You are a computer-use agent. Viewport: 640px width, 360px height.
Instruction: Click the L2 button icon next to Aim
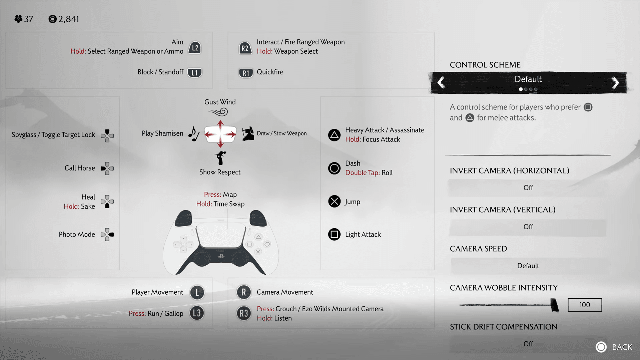(195, 48)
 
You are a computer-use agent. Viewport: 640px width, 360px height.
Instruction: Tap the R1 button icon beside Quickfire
(245, 73)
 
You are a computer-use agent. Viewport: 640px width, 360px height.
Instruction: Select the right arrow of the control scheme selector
(615, 82)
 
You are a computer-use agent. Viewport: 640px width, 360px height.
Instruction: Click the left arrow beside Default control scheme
(441, 82)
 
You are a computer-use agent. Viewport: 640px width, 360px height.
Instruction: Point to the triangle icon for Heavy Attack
(334, 135)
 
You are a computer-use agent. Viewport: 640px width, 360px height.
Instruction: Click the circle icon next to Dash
(334, 168)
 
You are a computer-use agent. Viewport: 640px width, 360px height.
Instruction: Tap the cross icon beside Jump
(334, 201)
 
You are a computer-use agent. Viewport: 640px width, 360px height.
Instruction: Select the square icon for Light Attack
(334, 234)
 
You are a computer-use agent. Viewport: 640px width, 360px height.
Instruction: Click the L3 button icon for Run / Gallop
(197, 313)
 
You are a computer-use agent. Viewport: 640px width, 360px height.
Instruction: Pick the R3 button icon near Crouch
(244, 313)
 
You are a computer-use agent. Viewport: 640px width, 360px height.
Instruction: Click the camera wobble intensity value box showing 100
(585, 305)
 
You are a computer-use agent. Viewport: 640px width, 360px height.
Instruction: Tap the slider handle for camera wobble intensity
(554, 305)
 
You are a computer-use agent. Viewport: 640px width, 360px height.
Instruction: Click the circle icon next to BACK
(601, 347)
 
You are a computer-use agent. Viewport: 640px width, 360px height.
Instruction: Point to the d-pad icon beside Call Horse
(107, 168)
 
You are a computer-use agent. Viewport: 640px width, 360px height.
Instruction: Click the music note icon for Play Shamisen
(194, 134)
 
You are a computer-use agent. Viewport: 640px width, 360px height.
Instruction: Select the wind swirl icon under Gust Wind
(218, 112)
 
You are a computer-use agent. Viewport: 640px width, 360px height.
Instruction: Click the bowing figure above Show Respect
(220, 158)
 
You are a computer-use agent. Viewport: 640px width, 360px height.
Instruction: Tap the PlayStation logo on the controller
(221, 256)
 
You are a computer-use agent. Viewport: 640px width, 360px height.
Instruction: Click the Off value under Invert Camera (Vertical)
(528, 227)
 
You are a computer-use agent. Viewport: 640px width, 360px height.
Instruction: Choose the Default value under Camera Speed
(528, 266)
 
